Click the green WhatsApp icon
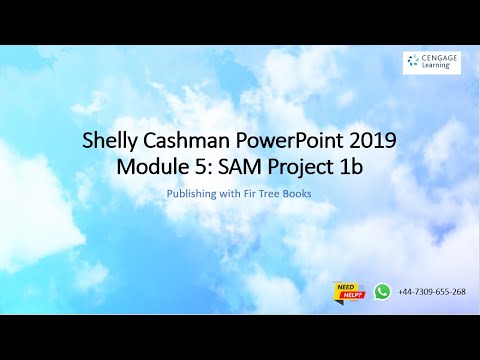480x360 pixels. pyautogui.click(x=382, y=292)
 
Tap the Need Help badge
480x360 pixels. pyautogui.click(x=348, y=292)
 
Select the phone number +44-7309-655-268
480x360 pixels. pyautogui.click(x=431, y=292)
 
